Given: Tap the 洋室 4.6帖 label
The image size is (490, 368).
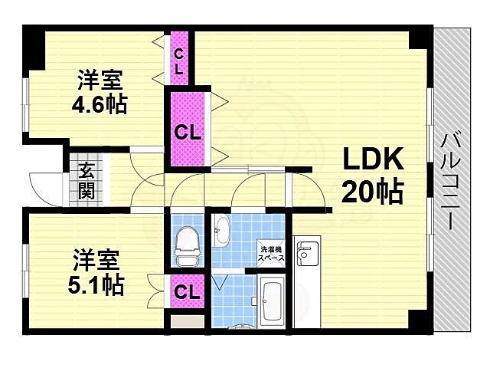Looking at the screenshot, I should [x=100, y=93].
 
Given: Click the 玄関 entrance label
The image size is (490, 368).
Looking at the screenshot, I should [x=86, y=180].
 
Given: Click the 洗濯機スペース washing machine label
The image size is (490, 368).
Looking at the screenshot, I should [x=272, y=254].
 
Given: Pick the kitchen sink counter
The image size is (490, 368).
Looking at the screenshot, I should [x=305, y=261].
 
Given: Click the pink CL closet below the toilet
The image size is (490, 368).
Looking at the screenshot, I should [x=186, y=291].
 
